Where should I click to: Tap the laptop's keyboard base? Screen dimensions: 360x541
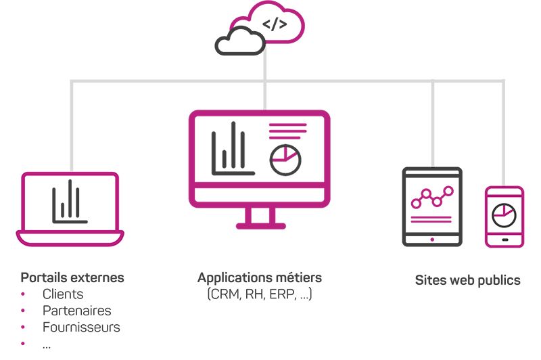tap(70, 238)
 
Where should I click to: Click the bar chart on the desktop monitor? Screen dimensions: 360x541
tap(227, 145)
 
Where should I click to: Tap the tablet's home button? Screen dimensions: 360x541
tap(431, 238)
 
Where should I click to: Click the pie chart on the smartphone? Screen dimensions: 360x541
tap(504, 215)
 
